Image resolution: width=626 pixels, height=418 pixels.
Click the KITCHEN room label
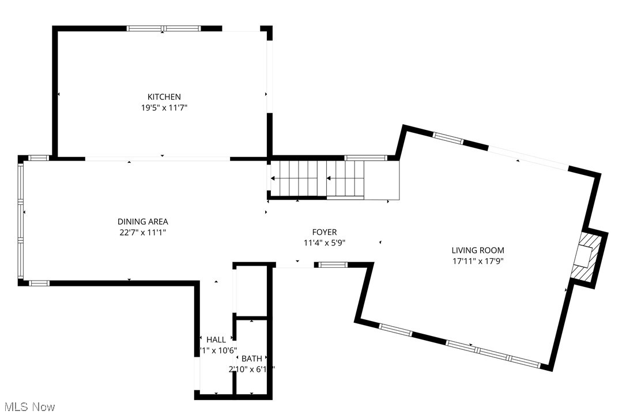(x=164, y=97)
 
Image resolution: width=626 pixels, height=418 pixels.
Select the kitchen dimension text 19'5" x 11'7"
(x=164, y=107)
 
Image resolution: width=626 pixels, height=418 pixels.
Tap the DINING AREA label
(x=143, y=222)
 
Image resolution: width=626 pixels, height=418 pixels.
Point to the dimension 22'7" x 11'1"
(x=143, y=232)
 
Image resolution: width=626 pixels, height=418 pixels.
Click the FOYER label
(x=325, y=232)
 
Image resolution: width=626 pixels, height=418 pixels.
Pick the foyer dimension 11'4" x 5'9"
(x=325, y=242)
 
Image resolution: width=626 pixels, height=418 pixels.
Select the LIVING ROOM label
(x=478, y=251)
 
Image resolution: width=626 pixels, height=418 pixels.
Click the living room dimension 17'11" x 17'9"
(x=478, y=260)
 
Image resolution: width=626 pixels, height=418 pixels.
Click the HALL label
(x=216, y=339)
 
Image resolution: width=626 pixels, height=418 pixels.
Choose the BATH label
(x=251, y=359)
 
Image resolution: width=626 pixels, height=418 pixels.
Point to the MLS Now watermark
(x=28, y=407)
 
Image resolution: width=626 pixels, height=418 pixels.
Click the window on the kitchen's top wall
(x=163, y=28)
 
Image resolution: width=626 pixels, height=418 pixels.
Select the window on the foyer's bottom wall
(x=333, y=265)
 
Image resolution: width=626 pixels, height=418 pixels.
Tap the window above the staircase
(x=365, y=157)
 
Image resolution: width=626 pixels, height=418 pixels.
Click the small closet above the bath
(x=251, y=292)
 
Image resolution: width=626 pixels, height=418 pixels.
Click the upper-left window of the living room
(x=448, y=137)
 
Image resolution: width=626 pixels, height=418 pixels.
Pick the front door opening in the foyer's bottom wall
(x=295, y=265)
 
